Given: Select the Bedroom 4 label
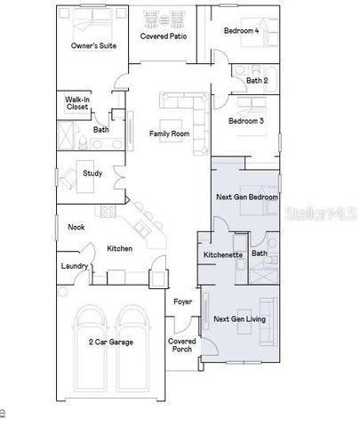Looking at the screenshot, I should point(242,31).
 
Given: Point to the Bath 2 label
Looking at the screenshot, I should point(256,80).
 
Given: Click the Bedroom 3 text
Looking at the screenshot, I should point(246,121).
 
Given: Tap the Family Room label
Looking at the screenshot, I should point(169,133).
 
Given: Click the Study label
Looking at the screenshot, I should point(92,173).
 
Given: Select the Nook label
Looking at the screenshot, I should point(76,227).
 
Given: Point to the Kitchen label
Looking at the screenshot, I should point(120,248).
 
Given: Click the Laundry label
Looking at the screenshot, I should point(73,266).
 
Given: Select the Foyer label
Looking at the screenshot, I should point(182,302).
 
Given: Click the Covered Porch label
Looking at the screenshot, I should point(182,345).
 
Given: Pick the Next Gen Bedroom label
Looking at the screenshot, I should point(247,197).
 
